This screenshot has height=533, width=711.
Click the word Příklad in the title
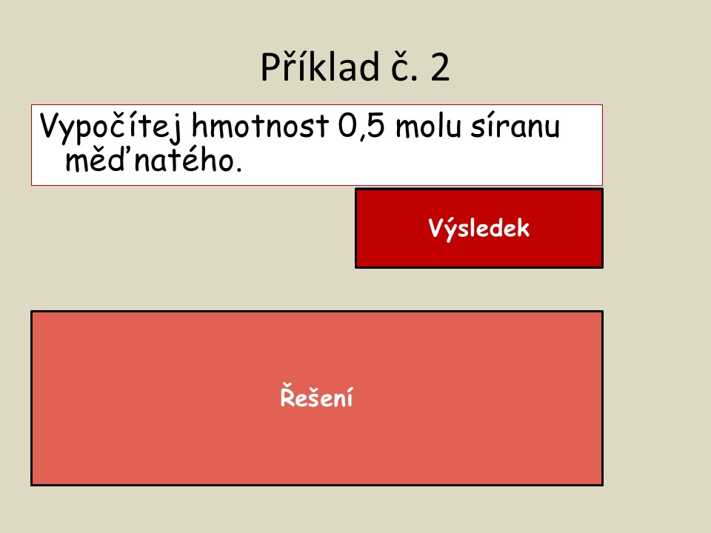coord(320,67)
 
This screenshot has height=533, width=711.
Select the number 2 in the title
coord(439,67)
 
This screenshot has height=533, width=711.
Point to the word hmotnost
coord(260,125)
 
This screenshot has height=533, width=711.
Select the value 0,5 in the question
coord(361,126)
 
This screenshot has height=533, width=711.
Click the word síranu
coord(515,126)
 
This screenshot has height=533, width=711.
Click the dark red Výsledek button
coord(479,229)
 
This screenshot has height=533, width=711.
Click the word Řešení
coord(316,397)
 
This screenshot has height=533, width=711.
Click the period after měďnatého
coord(238,169)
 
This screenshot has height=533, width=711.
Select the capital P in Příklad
coord(271,67)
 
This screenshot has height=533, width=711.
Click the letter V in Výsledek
coord(436,228)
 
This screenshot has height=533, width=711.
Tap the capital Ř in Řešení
coord(287,396)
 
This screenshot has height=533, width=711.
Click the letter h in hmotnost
coord(199,125)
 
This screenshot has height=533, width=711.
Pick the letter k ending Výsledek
coord(522,228)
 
